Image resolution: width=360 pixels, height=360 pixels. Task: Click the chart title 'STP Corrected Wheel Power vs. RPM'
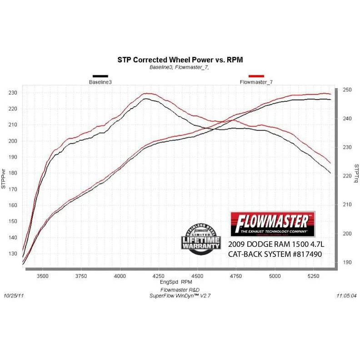[x=180, y=60]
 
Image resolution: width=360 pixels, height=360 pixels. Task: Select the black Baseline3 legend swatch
[x=100, y=76]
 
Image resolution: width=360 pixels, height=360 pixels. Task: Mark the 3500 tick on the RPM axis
[x=43, y=276]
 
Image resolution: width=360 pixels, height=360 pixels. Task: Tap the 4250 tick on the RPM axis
[x=158, y=276]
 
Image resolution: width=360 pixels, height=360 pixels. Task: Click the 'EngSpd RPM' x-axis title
[x=180, y=282]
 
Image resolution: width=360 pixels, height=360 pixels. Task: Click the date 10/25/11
[x=14, y=295]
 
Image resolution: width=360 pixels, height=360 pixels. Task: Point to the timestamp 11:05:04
[x=346, y=295]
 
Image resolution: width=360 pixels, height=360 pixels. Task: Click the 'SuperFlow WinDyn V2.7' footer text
[x=180, y=295]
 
